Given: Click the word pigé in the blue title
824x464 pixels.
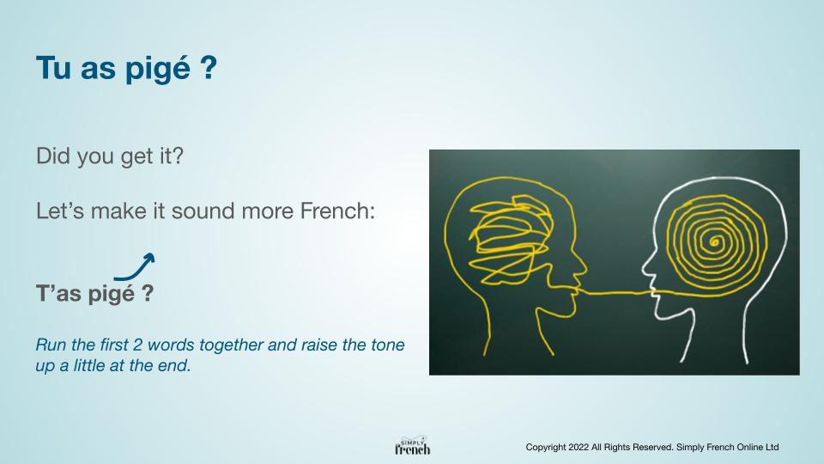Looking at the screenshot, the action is coord(157,69).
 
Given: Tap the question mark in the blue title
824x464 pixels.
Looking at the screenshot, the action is coord(209,67).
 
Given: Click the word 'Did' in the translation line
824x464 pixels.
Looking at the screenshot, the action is coord(53,156).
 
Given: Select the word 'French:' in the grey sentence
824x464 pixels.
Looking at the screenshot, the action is coord(337,211).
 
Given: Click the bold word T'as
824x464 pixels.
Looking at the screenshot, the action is coord(59,292).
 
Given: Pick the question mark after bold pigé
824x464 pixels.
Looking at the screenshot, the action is coord(148,292).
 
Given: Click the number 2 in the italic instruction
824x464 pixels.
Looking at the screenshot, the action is coord(137,345).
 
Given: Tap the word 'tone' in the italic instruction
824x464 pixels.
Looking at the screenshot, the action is coord(387,345).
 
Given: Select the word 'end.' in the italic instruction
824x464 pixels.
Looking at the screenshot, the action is coord(174,365).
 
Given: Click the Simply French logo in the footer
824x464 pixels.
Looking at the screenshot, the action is coord(413,446).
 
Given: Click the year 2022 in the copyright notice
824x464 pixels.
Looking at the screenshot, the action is coord(579,447).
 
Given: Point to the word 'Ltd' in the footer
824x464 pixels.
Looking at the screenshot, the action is coord(772,447).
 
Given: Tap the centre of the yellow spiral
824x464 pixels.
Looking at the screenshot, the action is coord(714,241).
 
